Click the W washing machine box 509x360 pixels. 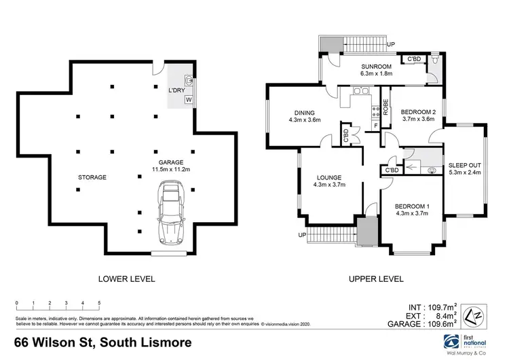point(189,100)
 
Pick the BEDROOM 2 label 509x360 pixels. point(417,115)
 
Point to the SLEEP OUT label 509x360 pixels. point(465,167)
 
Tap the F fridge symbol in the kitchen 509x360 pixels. point(375,126)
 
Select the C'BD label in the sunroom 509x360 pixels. point(413,60)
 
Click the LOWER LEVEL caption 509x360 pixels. point(127,278)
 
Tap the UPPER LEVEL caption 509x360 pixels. point(376,278)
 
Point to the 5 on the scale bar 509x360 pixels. point(100,302)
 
